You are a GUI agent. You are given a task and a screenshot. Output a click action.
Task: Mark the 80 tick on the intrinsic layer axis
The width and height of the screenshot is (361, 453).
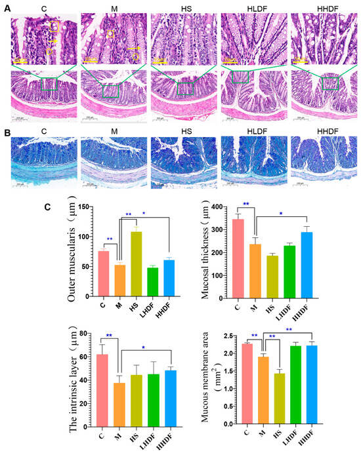click(88, 334)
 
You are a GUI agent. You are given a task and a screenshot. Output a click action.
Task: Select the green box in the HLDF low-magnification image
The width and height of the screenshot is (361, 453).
click(239, 77)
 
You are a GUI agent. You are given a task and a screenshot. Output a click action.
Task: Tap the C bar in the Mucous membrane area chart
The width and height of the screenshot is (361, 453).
click(245, 384)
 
